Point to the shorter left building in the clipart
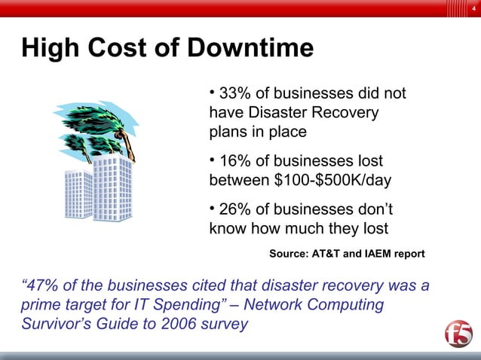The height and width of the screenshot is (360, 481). click(78, 194)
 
